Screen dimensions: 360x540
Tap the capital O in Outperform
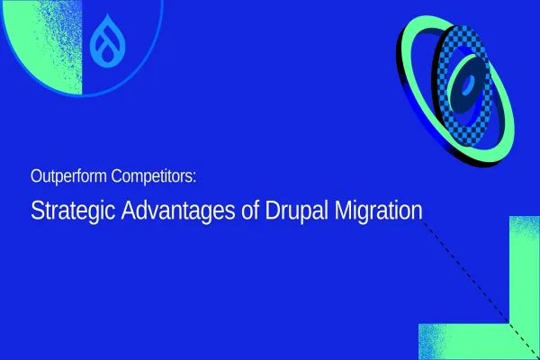[35, 175]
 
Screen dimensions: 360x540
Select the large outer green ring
[416, 54]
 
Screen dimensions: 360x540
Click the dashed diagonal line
[468, 270]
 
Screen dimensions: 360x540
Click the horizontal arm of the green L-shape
[459, 342]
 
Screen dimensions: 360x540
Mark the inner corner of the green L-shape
[509, 324]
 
